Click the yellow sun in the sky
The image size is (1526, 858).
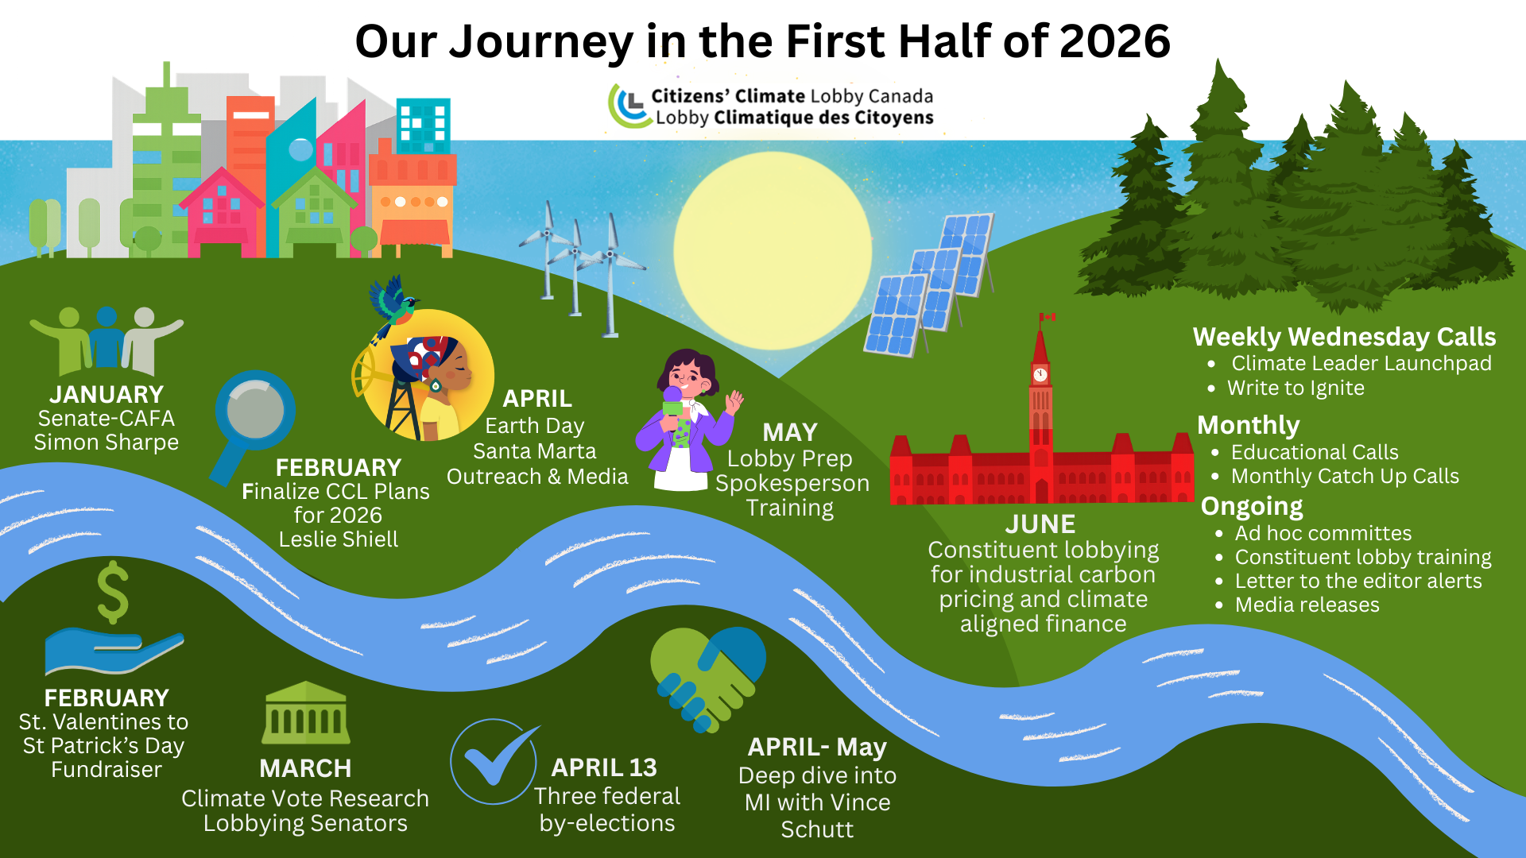tap(773, 251)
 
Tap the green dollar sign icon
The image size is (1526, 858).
tap(113, 592)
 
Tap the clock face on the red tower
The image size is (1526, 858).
tap(1040, 374)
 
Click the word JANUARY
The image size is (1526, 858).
tap(107, 394)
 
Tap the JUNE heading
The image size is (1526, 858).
tap(1040, 524)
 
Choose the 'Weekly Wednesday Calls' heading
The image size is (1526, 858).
tap(1344, 337)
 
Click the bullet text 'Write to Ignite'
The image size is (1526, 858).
tap(1296, 388)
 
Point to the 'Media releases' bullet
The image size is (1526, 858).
tap(1307, 605)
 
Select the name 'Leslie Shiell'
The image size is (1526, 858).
tap(339, 539)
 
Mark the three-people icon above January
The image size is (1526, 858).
tap(107, 340)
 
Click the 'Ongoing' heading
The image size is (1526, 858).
tap(1252, 507)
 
